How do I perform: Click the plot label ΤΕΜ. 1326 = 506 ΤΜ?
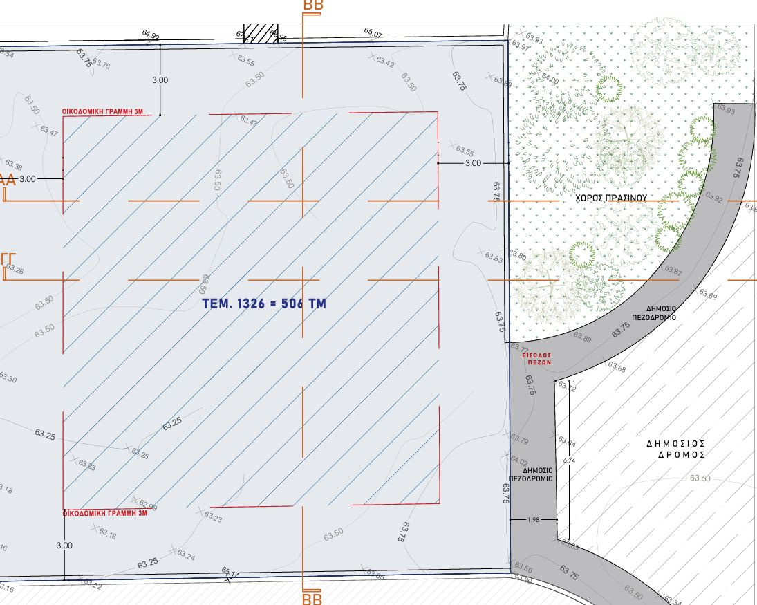(264, 303)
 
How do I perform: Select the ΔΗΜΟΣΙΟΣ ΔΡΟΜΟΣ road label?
(675, 449)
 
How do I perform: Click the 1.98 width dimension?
(533, 519)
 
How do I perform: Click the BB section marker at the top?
(313, 6)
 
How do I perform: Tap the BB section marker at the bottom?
(312, 597)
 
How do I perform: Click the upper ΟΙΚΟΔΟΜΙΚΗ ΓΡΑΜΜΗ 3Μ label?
(105, 111)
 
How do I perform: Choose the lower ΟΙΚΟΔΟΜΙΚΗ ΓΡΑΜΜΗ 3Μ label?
(105, 514)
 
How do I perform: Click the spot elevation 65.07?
(373, 32)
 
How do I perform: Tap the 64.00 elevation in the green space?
(550, 79)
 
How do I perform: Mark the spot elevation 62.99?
(147, 504)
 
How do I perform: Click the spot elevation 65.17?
(230, 573)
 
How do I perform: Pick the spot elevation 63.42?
(385, 63)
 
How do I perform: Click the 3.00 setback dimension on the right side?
(473, 163)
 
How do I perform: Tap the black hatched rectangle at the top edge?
(261, 33)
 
